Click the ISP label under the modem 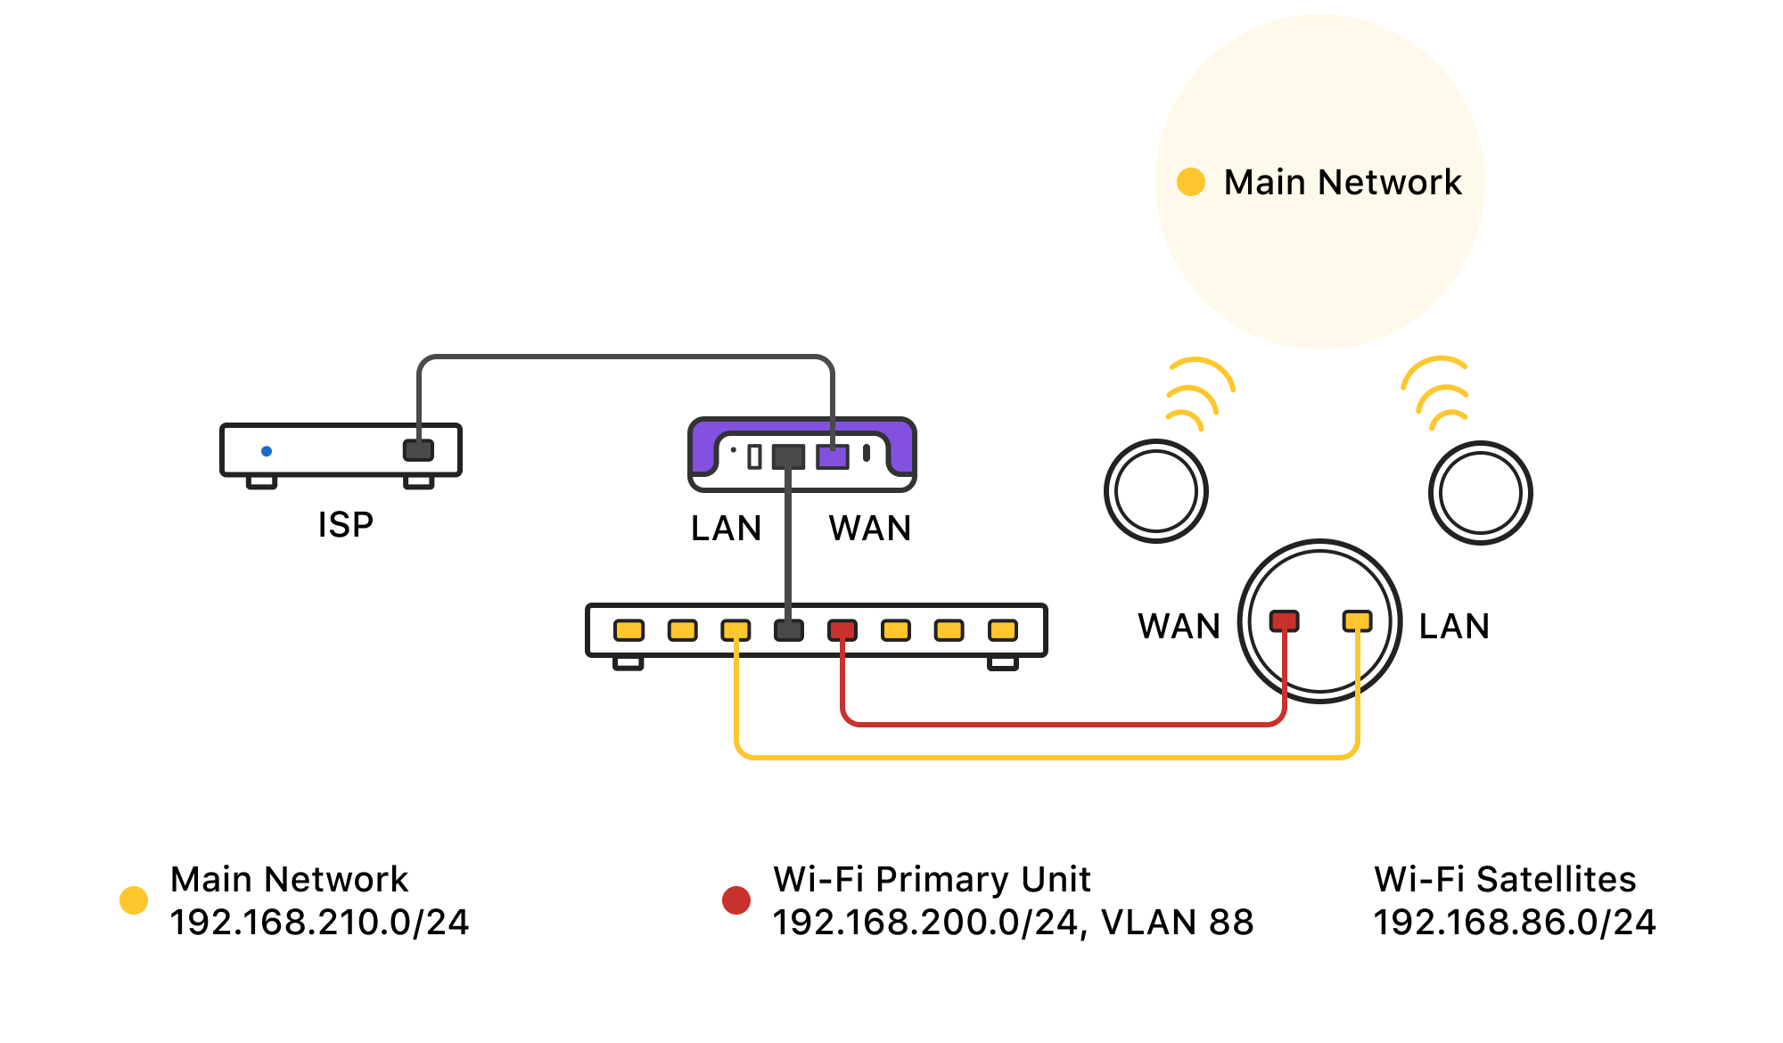[346, 524]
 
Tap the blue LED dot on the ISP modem [267, 451]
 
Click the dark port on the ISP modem [418, 449]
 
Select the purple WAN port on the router [833, 457]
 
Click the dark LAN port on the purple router [788, 457]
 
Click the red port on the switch [842, 630]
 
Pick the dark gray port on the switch [789, 630]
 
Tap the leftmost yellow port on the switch [629, 630]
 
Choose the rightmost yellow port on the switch [1003, 630]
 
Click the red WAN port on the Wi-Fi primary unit [1285, 620]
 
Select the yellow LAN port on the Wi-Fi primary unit [1357, 620]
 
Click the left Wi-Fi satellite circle [1156, 491]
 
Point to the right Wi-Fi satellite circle [1481, 493]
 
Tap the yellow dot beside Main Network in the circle [1191, 182]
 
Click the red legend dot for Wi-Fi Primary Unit [736, 900]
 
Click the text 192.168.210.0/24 [319, 923]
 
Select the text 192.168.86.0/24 [1514, 923]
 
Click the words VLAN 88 [1177, 923]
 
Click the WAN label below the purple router [870, 529]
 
